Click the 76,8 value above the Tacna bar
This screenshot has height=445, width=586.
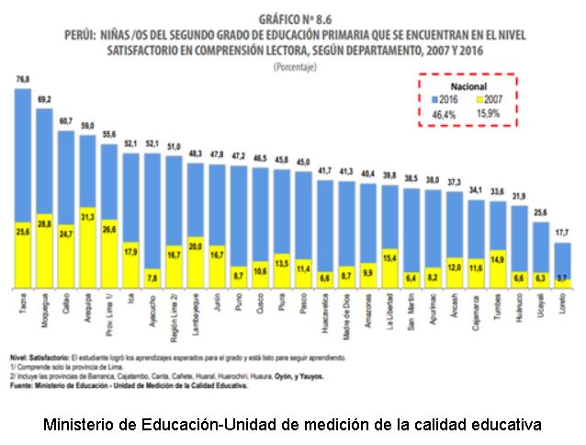coord(23,80)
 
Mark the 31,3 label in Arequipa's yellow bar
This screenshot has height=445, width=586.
coord(87,217)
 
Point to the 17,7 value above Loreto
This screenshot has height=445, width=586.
coord(563,234)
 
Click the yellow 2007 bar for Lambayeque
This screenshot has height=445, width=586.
coord(195,262)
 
